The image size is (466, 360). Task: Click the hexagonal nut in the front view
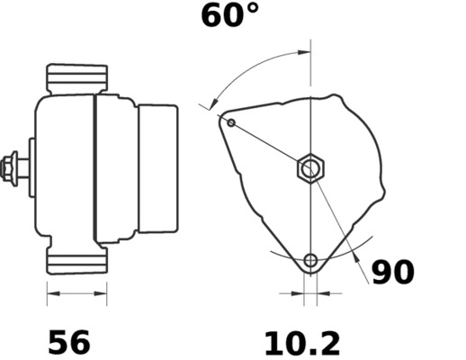[310, 168]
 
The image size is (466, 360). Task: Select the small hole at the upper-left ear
[231, 122]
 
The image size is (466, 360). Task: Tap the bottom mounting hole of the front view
[310, 261]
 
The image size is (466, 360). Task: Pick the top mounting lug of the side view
[77, 76]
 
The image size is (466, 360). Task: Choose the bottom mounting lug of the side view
[77, 262]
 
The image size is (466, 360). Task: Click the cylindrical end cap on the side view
[157, 167]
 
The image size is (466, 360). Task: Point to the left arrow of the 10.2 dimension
[296, 293]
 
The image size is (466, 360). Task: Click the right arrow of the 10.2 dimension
[325, 293]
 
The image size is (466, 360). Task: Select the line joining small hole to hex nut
[268, 144]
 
